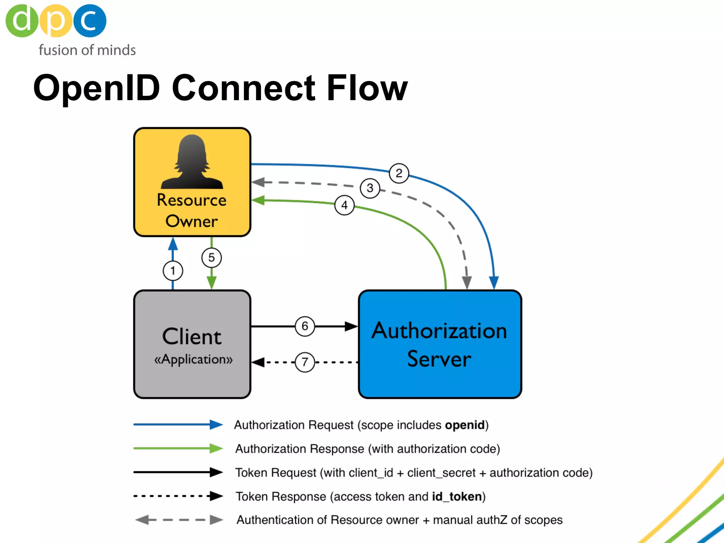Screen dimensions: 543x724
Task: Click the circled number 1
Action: tap(173, 271)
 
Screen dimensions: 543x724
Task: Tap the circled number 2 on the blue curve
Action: tap(399, 173)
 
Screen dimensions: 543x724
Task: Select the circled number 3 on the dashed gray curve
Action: tap(370, 188)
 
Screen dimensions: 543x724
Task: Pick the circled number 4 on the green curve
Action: tap(344, 205)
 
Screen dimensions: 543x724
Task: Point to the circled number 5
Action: tap(211, 258)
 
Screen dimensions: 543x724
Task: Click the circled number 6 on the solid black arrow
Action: tap(305, 326)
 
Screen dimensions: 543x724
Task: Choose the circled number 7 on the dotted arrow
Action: tap(305, 362)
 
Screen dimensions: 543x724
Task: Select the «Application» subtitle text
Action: tap(193, 359)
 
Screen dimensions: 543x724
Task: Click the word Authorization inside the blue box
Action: tap(439, 331)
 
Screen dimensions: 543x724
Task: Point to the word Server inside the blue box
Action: tap(439, 359)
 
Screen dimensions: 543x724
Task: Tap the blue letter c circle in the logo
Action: tap(90, 21)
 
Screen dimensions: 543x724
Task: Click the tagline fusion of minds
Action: tap(87, 50)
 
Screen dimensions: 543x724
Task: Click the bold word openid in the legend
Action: tap(465, 425)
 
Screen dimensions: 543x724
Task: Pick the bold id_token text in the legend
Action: tap(457, 497)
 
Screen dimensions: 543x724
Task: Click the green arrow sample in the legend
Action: tap(178, 448)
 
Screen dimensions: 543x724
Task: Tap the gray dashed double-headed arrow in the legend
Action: tap(179, 520)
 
